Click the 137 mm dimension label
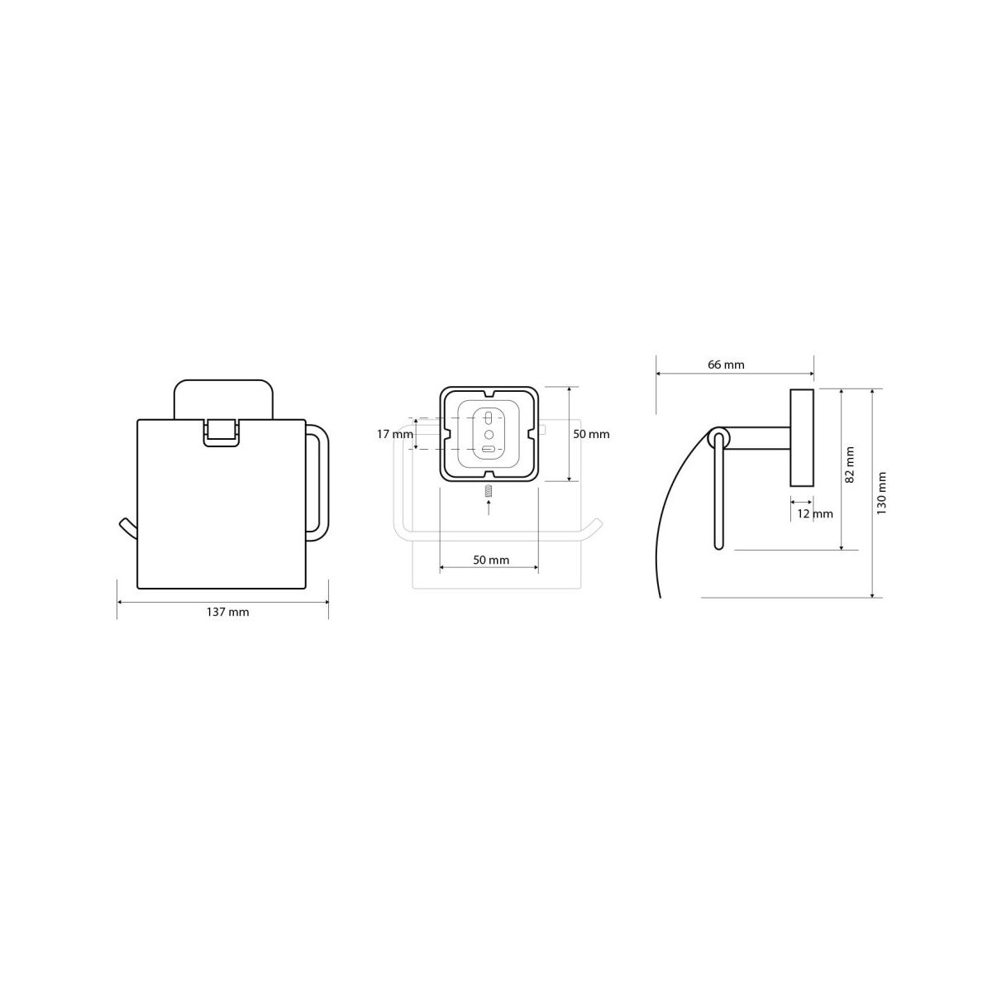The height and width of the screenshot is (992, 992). tap(227, 612)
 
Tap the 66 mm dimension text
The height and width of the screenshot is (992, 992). tap(726, 365)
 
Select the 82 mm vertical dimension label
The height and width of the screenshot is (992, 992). tap(850, 465)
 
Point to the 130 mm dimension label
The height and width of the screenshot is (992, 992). tap(882, 494)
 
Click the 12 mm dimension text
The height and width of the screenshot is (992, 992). tap(815, 513)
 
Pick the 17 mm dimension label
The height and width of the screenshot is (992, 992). tap(395, 434)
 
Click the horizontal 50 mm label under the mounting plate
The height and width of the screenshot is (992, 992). tap(490, 560)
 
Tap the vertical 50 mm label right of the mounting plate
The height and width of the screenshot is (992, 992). tap(592, 434)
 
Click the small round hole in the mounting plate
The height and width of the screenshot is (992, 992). tap(489, 435)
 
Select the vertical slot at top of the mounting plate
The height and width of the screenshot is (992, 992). tap(489, 417)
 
